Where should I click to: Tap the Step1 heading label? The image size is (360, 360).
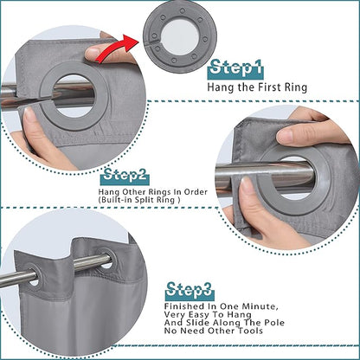point(235,69)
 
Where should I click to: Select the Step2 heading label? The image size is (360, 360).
point(125,176)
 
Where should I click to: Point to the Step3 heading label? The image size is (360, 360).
point(190,291)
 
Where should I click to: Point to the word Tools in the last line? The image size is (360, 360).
point(250,331)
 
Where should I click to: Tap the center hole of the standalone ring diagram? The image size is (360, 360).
point(180,36)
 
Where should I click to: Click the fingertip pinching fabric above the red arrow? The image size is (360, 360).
point(93,53)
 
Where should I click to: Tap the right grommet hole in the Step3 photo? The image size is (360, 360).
point(106,260)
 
